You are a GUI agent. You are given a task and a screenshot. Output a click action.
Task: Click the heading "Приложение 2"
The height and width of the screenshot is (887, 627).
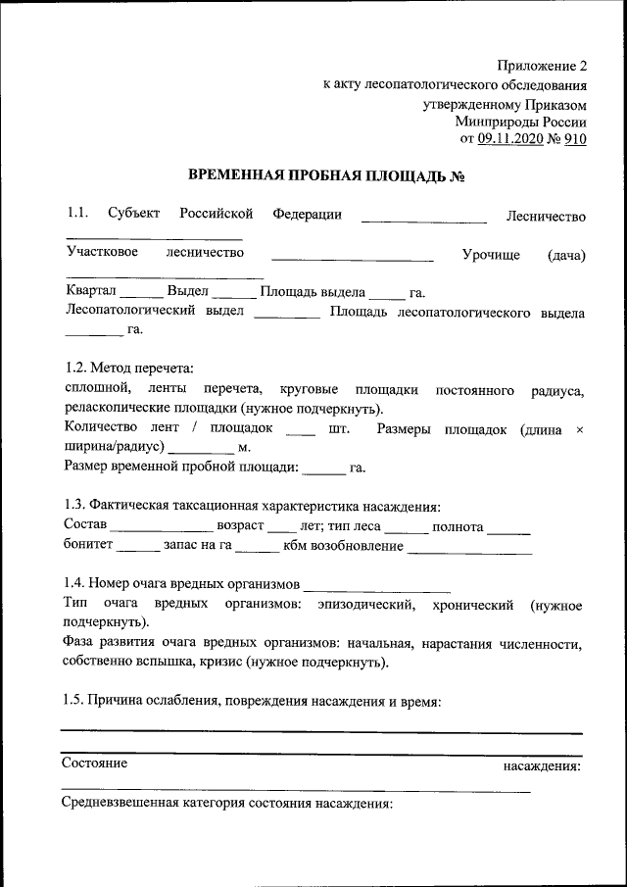(540, 67)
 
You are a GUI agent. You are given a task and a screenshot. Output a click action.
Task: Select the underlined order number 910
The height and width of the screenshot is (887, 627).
(575, 139)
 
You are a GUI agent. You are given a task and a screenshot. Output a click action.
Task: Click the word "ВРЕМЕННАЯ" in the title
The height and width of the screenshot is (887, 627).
(232, 176)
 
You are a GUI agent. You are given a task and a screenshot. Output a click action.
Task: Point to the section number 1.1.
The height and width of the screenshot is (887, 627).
(77, 215)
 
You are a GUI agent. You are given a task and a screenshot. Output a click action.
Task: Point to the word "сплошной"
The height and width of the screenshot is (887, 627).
(90, 391)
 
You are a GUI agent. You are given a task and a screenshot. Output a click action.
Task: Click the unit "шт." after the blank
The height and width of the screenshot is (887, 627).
(340, 429)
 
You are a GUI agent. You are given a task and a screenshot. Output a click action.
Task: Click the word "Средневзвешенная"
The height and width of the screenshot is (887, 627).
(120, 805)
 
